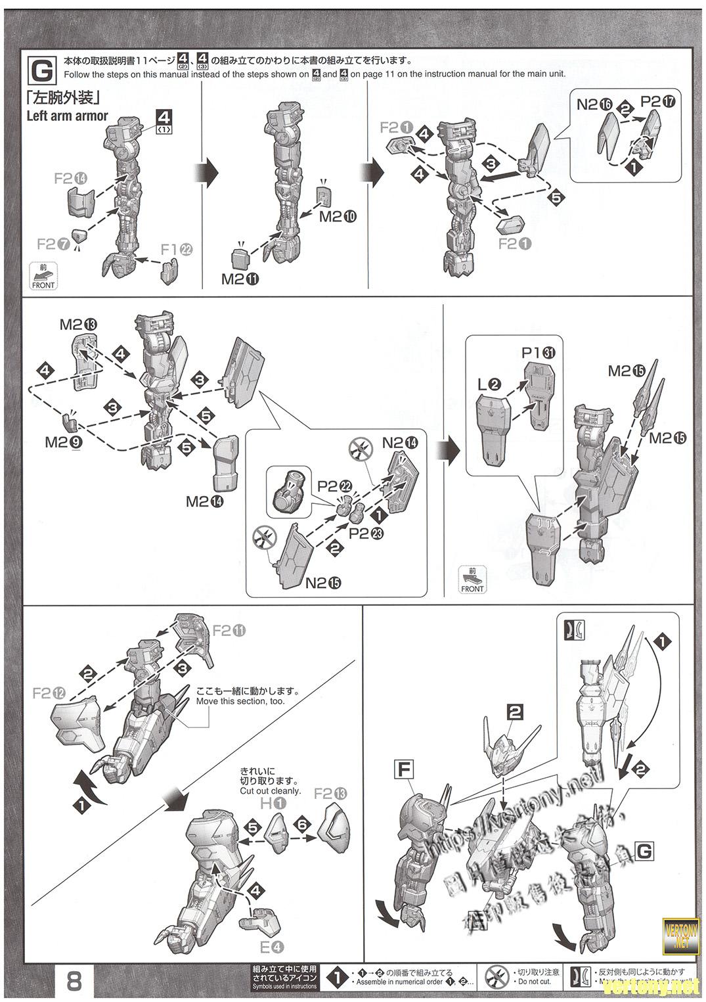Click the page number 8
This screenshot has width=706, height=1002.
[74, 982]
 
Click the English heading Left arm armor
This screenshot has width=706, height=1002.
[67, 116]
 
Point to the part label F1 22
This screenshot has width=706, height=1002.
[177, 249]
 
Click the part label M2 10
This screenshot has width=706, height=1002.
[338, 216]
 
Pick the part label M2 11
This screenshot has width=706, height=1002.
[240, 279]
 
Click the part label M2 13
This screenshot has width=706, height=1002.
[78, 324]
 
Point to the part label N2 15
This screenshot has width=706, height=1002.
[323, 582]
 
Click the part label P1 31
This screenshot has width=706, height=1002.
[539, 352]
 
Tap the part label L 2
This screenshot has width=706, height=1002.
[491, 382]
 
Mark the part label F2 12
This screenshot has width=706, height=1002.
[49, 693]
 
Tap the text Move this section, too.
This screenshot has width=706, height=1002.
[240, 701]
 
